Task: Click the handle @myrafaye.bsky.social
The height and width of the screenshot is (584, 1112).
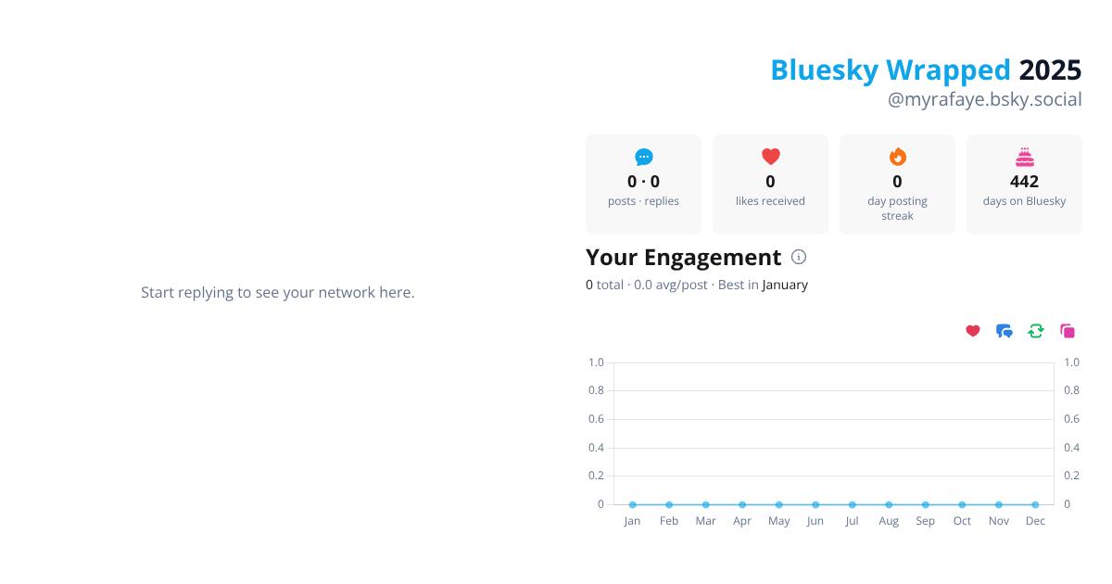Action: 984,99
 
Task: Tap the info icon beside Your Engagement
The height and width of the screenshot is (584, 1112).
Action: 799,257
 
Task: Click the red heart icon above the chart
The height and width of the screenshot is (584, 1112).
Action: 973,331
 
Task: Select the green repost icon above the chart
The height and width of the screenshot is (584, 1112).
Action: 1036,331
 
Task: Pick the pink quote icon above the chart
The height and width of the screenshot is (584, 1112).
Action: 1068,331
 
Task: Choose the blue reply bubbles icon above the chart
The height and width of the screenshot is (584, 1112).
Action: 1005,331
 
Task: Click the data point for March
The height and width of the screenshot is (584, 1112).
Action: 705,504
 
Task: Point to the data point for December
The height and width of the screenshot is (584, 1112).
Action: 1035,504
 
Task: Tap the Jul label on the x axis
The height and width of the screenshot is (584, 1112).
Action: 852,521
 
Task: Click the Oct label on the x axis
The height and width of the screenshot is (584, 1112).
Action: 962,521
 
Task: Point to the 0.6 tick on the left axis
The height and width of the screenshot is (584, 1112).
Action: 596,419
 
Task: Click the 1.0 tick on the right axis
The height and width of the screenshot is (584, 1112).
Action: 1071,362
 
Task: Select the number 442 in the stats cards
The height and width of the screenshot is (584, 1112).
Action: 1024,182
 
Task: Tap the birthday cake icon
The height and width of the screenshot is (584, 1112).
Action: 1024,157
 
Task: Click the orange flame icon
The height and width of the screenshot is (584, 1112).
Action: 897,157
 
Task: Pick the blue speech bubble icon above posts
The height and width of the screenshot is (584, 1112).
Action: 643,157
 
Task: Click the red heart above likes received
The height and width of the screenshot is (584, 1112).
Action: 770,157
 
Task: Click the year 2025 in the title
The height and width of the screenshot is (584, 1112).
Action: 1050,70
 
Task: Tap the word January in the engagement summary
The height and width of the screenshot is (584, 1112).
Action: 785,285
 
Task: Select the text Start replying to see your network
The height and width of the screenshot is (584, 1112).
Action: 277,292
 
